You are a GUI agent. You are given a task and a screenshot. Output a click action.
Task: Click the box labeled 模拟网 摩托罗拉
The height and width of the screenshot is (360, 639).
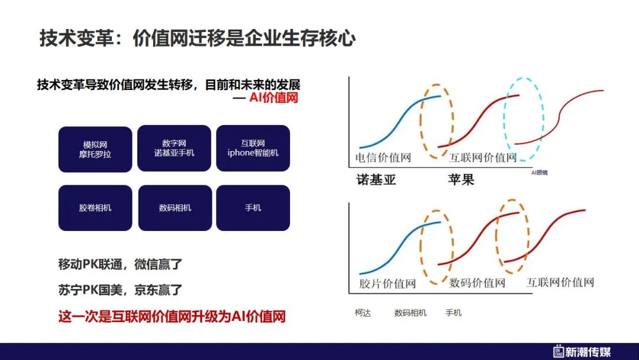click(x=95, y=149)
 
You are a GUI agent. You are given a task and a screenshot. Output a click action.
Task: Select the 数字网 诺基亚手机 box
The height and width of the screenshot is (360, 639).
click(x=174, y=148)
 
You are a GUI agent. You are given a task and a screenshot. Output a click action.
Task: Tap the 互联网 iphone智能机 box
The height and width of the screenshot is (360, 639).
click(x=253, y=148)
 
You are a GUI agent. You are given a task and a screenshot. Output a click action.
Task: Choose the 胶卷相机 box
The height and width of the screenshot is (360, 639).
click(x=95, y=208)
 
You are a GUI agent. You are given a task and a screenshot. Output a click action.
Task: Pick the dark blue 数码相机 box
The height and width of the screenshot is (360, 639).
click(x=175, y=208)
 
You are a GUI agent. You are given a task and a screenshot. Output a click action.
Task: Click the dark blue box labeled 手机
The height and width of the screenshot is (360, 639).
click(x=253, y=208)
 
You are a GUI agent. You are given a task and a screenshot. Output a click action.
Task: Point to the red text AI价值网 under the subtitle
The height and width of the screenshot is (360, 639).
click(x=273, y=98)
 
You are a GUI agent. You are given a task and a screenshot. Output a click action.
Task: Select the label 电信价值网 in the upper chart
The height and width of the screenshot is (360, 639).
click(x=383, y=157)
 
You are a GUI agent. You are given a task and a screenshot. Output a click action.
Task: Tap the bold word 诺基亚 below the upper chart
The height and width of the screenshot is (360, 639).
click(x=376, y=179)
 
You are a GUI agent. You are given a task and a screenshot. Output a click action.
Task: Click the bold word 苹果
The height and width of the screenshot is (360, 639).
click(x=461, y=179)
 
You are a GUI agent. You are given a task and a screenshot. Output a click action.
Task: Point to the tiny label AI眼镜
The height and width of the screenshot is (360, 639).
click(x=539, y=173)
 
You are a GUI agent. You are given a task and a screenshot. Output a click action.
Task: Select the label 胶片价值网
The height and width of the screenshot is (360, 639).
click(x=387, y=284)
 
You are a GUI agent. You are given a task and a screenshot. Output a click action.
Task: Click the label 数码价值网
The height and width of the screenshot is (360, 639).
click(x=477, y=282)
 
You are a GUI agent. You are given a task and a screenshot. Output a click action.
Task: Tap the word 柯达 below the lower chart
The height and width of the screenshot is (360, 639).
click(x=363, y=313)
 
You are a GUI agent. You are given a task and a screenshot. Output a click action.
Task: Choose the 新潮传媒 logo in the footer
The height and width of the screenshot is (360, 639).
click(x=582, y=352)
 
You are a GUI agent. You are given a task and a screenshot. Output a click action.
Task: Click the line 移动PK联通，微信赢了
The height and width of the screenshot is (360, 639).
click(x=120, y=264)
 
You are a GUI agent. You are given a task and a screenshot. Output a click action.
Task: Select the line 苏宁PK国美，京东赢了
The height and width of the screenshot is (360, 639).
click(x=120, y=290)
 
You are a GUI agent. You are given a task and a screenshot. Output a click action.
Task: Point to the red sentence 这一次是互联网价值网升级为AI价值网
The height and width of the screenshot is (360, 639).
click(x=172, y=316)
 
